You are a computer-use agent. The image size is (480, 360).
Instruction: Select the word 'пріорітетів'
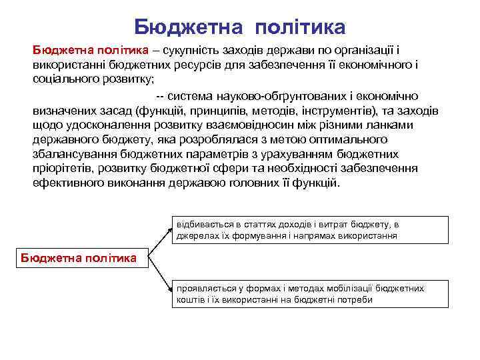tap(62, 169)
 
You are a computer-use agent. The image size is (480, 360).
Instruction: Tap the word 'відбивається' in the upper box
tap(201, 225)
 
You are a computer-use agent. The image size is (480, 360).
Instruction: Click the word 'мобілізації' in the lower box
tap(351, 288)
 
